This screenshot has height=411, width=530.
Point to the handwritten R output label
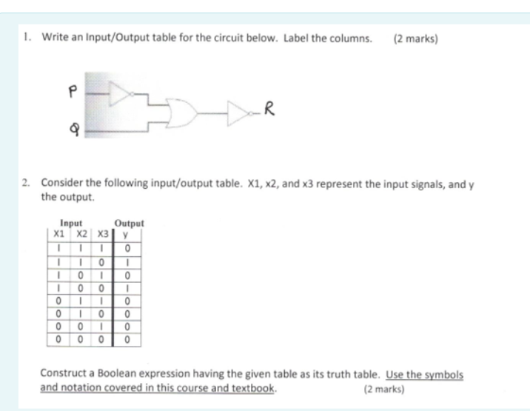tap(271, 113)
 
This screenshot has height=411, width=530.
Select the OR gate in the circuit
tap(184, 114)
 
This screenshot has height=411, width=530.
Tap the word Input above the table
tap(73, 221)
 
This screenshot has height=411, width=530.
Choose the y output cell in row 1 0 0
tap(128, 287)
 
